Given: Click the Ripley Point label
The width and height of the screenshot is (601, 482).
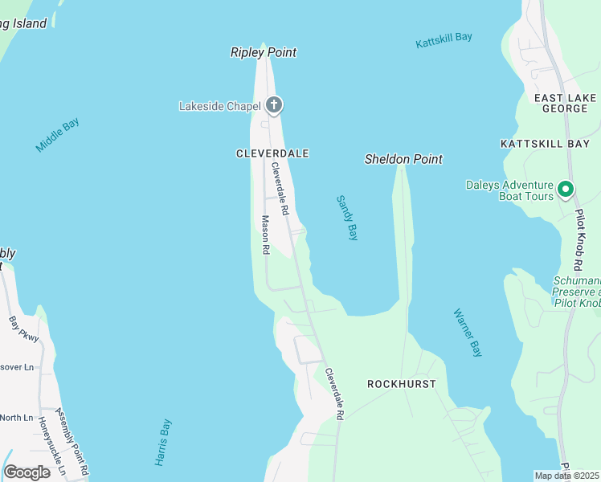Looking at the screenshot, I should pos(264,53).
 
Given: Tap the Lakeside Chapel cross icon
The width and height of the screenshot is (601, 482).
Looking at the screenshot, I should pos(274,105).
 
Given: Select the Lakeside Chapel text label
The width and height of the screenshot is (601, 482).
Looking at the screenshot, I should pos(220,105).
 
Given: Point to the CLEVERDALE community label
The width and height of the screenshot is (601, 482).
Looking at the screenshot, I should pos(272,153).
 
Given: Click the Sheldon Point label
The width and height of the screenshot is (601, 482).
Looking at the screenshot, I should pos(403,159).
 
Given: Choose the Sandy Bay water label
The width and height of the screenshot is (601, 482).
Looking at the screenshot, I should pos(346,217).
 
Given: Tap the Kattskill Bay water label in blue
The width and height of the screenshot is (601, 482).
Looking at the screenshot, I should pos(444,40).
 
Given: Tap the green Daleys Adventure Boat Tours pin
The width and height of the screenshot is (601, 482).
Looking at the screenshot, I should pos(566,190).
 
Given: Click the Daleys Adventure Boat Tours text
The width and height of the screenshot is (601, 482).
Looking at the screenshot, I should pos(509,190).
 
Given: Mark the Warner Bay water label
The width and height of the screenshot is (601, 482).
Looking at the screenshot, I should pos(467,333).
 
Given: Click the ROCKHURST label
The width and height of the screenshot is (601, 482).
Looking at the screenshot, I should pos(401,384).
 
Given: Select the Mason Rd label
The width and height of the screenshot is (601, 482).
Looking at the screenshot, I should pos(264,235).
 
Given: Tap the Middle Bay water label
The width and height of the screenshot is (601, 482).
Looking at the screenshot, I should pos(57,136).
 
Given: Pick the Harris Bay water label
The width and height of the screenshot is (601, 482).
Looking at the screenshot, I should pos(164,443).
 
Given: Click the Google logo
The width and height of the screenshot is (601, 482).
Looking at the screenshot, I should pos(27,472).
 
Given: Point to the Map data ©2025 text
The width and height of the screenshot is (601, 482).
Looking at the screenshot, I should pos(567,476).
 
